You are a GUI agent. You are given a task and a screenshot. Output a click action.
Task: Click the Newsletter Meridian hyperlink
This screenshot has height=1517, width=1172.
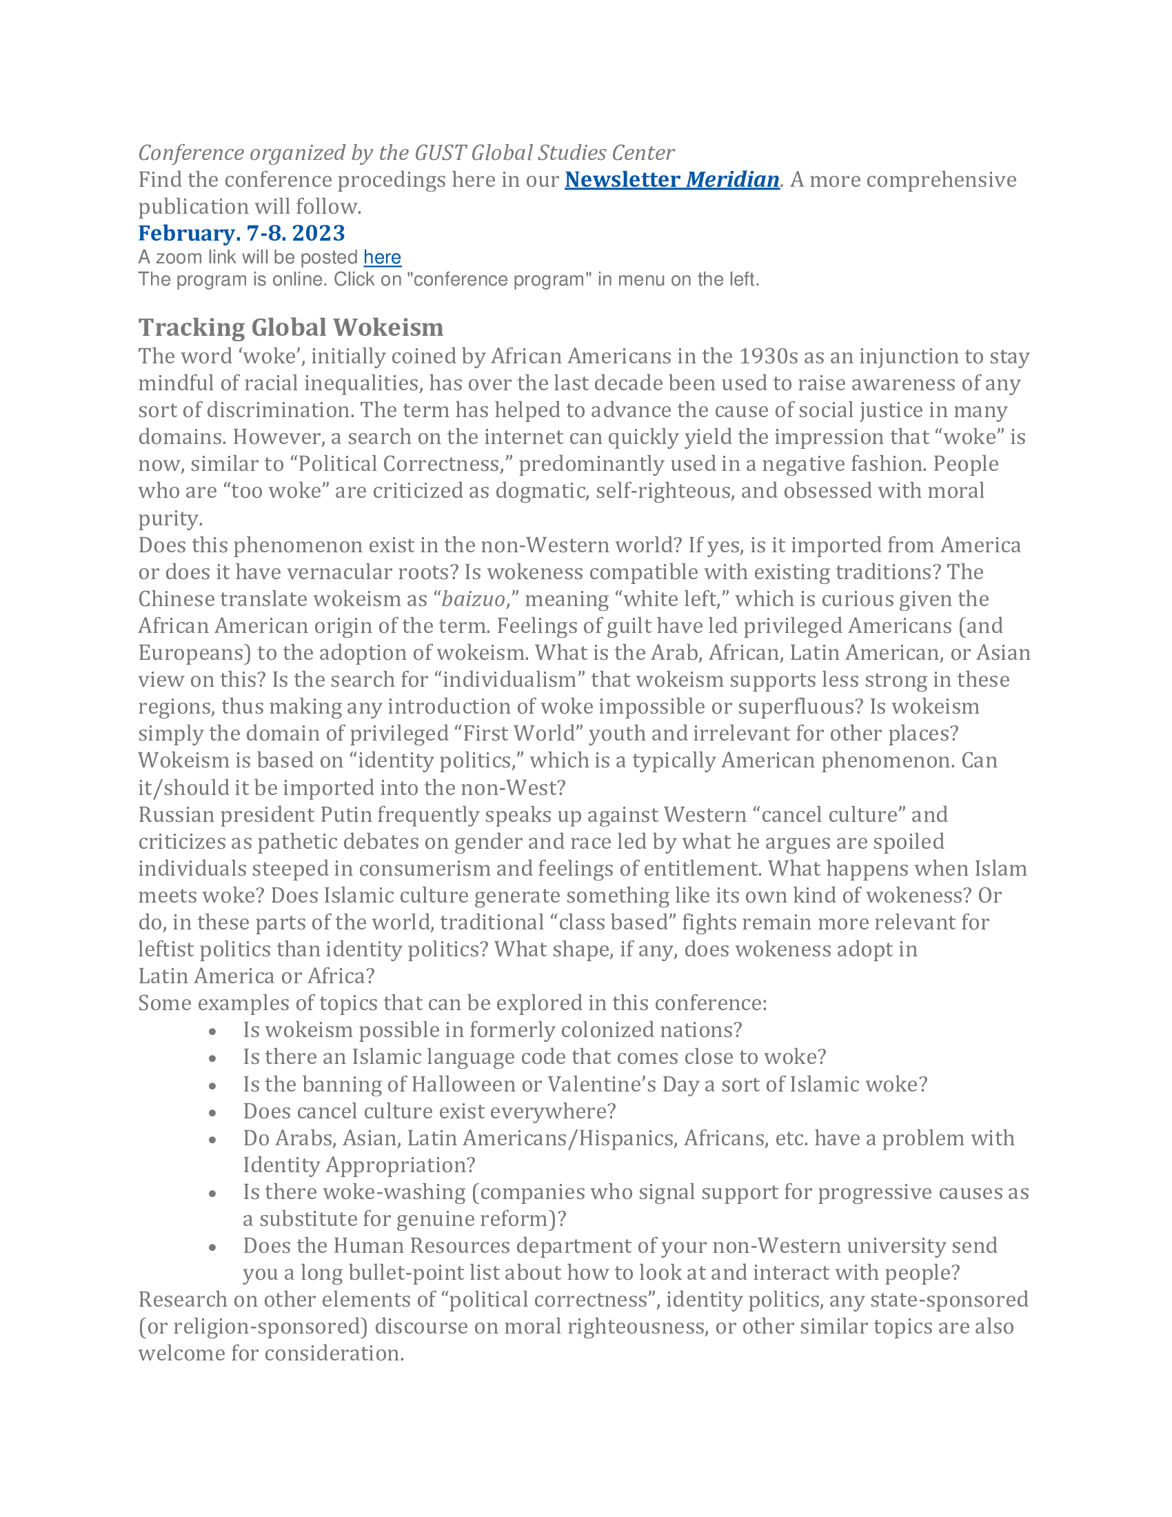tap(671, 180)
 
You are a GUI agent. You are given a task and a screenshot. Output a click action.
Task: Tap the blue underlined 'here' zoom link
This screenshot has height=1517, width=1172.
tap(382, 258)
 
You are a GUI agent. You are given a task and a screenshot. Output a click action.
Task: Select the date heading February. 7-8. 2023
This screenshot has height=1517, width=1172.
tap(241, 232)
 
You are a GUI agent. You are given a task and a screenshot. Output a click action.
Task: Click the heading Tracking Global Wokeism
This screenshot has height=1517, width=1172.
tap(290, 327)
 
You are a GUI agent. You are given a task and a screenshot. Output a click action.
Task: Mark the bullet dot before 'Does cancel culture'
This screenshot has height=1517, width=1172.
tap(213, 1113)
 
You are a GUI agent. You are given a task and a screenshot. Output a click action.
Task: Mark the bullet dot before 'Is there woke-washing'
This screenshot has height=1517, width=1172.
tap(213, 1194)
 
